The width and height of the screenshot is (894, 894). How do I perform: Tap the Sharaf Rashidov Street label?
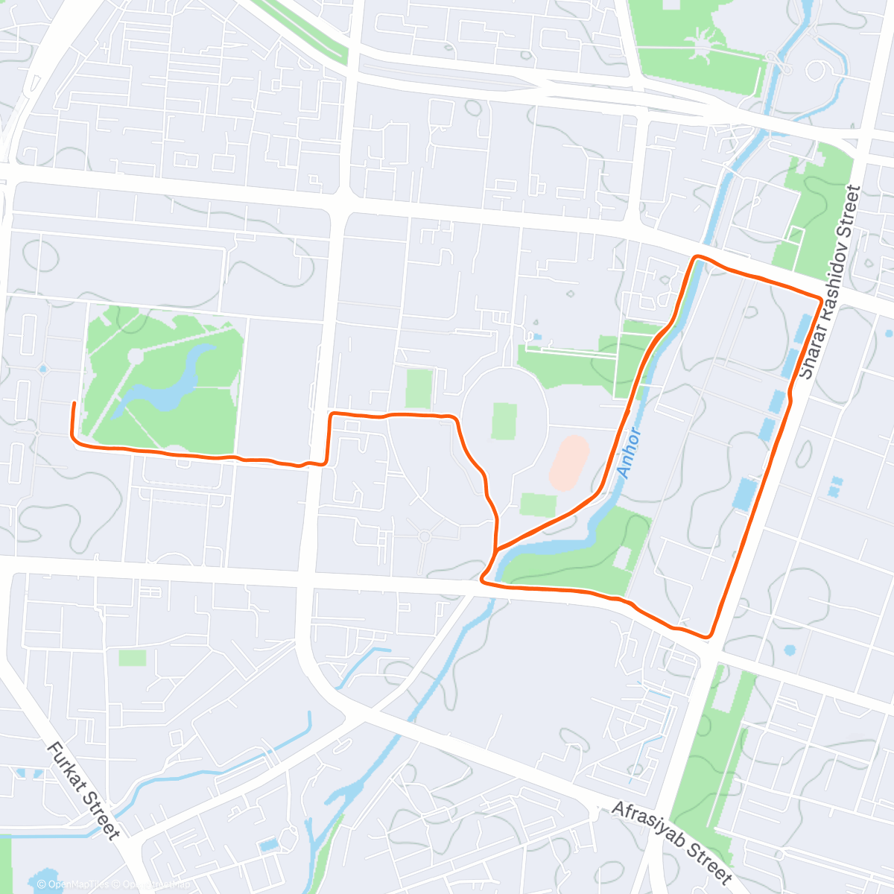pyautogui.click(x=829, y=283)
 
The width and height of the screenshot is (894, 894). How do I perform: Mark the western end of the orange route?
pyautogui.click(x=74, y=403)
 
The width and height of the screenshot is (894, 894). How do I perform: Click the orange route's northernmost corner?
pyautogui.click(x=697, y=257)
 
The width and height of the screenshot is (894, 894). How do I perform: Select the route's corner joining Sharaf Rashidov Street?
pyautogui.click(x=820, y=299)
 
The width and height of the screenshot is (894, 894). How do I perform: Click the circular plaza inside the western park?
pyautogui.click(x=135, y=356)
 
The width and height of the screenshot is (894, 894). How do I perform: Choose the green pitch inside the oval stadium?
pyautogui.click(x=504, y=421)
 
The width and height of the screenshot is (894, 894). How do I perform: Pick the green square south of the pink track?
pyautogui.click(x=538, y=504)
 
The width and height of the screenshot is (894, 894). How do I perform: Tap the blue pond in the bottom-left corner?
pyautogui.click(x=45, y=879)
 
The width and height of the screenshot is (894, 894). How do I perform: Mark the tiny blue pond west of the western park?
pyautogui.click(x=43, y=368)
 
